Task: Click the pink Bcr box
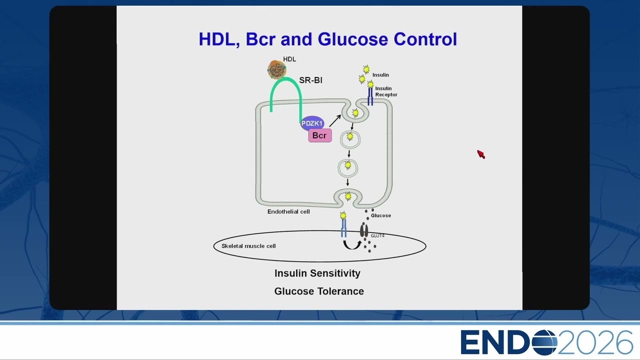pos(320,135)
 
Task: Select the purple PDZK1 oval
pos(312,123)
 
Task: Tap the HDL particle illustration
pos(276,69)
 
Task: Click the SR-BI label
pos(310,80)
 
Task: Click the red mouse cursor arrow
pos(481,154)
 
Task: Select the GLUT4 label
pos(377,235)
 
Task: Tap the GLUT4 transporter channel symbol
pos(363,230)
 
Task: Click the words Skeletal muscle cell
pos(248,246)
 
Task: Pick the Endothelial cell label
pos(288,211)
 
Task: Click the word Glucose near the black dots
pos(381,215)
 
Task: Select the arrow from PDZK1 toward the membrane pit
pos(335,120)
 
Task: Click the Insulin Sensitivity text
pos(317,273)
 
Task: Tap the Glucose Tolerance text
pos(319,291)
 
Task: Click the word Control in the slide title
pos(425,39)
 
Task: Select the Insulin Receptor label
pos(386,91)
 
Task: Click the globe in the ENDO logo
pos(544,342)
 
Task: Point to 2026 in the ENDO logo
pos(595,342)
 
